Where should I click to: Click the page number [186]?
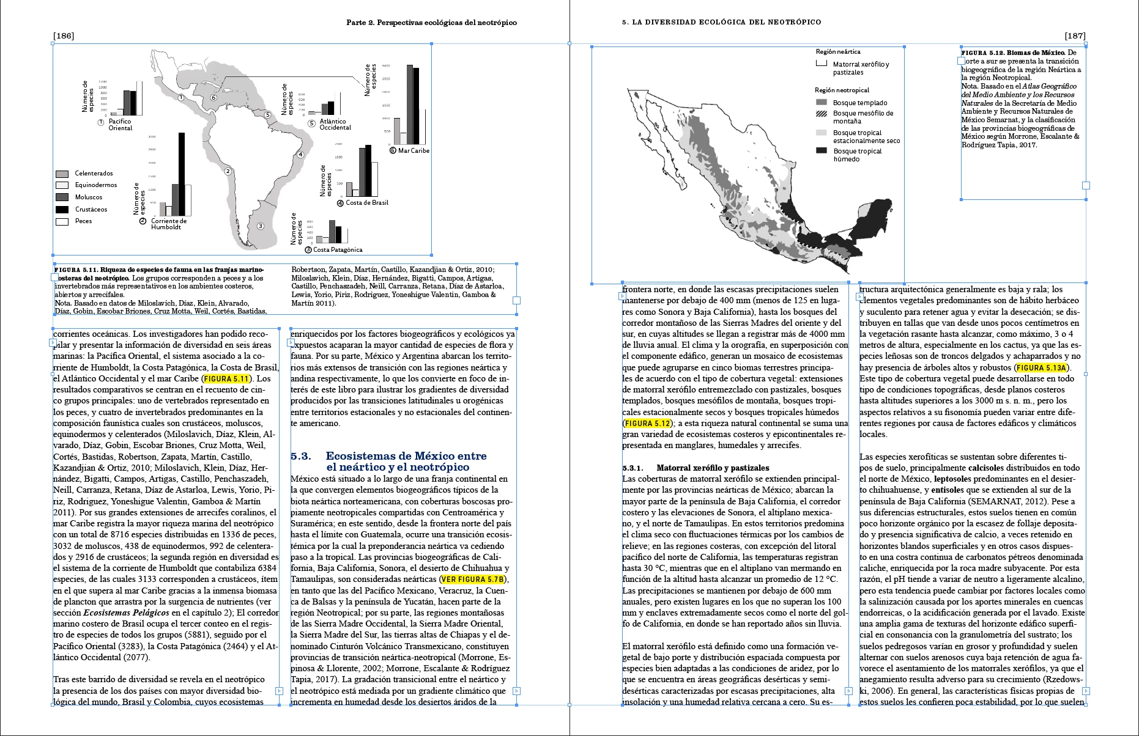click(x=64, y=35)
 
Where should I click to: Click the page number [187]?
click(x=1075, y=35)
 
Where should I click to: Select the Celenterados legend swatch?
click(x=62, y=174)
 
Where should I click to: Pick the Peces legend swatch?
click(x=62, y=221)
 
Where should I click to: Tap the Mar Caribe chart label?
click(x=414, y=150)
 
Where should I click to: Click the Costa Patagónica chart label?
click(x=338, y=249)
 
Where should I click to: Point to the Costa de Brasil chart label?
click(x=367, y=203)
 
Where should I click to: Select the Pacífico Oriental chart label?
click(x=120, y=125)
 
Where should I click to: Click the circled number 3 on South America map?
click(x=260, y=226)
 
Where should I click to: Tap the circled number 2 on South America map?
click(x=228, y=171)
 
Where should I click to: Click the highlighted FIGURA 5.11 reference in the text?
click(x=227, y=378)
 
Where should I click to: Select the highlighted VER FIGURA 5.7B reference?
click(x=473, y=579)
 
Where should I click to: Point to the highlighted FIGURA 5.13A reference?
click(x=1041, y=367)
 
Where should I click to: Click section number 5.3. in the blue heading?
click(x=301, y=456)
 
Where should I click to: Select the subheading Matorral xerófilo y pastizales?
click(x=713, y=468)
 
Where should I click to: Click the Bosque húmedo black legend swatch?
click(x=822, y=150)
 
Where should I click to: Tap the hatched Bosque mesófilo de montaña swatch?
click(x=822, y=113)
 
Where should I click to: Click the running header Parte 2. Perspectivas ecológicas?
click(x=431, y=23)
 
